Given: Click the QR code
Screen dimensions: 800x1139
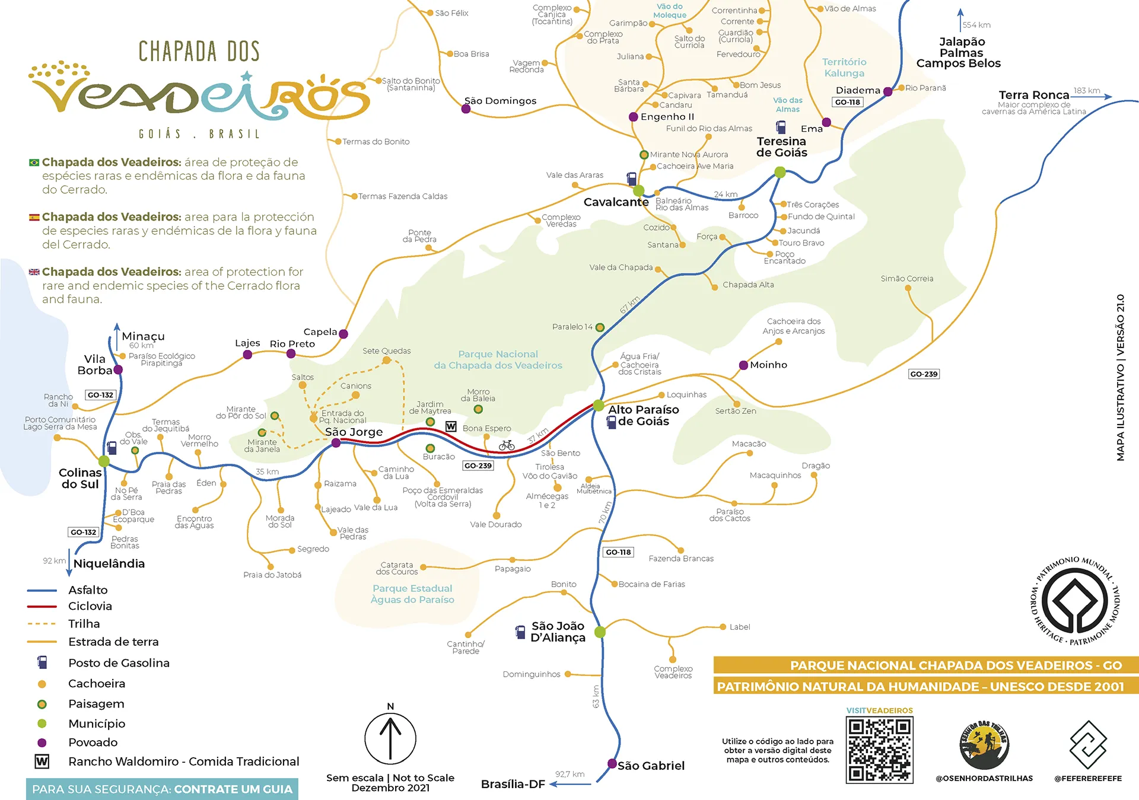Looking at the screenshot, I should point(879,750).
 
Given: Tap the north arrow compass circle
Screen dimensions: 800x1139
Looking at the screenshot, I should point(390,738).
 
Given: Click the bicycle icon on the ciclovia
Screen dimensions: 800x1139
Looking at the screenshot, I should point(507,445).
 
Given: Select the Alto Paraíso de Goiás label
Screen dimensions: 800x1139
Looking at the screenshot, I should point(643,415).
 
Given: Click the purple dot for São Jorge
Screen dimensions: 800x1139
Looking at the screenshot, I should point(336,443).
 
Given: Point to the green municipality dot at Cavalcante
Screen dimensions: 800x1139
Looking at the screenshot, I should point(638,191).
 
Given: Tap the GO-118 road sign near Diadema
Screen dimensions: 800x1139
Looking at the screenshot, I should point(847,102).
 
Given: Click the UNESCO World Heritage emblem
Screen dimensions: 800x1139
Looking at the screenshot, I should point(1075,601).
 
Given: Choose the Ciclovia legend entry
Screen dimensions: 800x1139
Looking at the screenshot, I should point(90,606).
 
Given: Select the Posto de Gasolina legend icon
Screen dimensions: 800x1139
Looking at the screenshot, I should point(42,662).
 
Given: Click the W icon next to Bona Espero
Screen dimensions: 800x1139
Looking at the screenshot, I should point(451,426).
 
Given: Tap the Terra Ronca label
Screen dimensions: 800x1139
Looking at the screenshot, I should point(1033,95).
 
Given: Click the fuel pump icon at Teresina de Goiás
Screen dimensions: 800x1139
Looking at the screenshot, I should point(781,127).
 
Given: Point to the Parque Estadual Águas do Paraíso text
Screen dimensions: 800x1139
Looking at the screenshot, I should point(412,594).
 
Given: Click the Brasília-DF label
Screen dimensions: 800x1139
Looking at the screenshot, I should point(513,784).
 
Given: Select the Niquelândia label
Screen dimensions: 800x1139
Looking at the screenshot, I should point(109,563).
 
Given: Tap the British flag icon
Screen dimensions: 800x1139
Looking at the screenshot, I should point(34,272).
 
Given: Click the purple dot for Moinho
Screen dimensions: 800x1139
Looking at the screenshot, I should point(743,365).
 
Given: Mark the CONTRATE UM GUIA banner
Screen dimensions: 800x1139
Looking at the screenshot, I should point(162,789).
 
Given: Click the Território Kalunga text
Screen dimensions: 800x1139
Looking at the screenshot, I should point(844,68).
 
